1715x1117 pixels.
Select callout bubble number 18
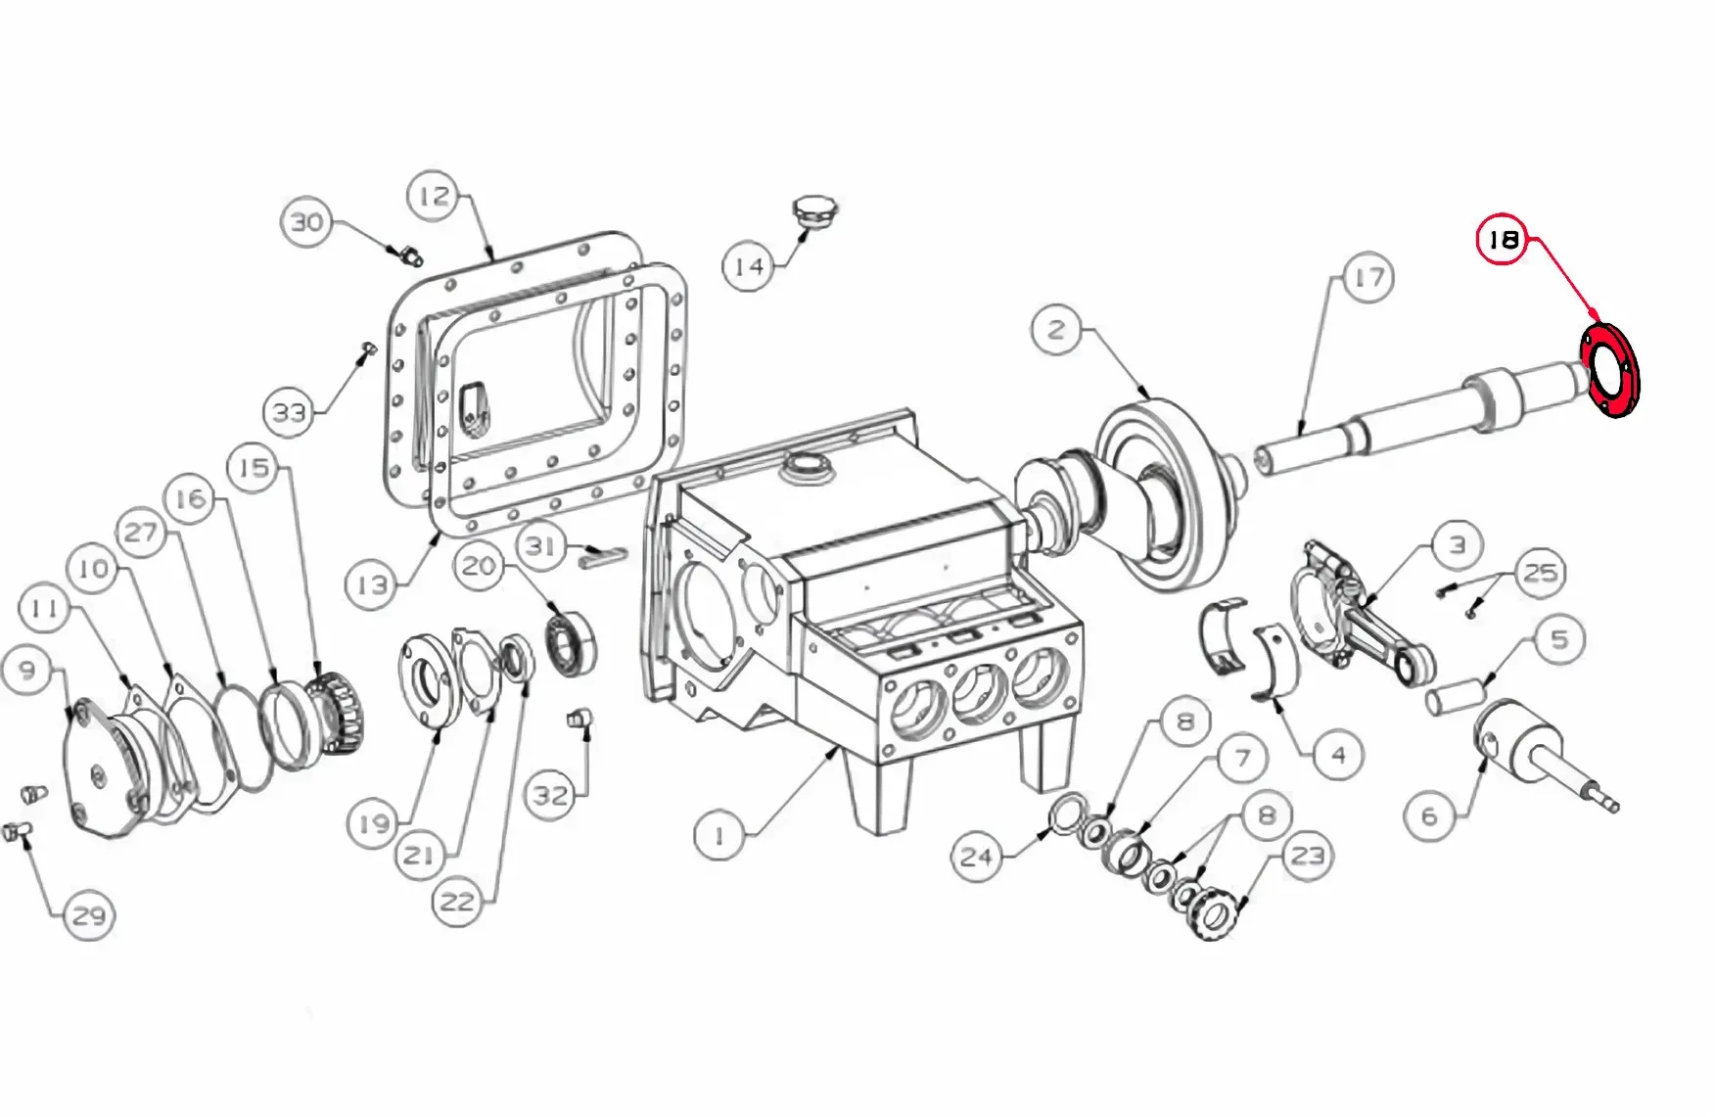[x=1503, y=240]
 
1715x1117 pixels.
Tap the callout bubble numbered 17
[x=1368, y=278]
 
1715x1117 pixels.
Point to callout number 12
[x=434, y=196]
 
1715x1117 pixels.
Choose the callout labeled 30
[x=306, y=222]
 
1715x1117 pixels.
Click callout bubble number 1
[x=719, y=835]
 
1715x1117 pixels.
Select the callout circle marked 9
[x=27, y=670]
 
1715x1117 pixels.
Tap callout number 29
[x=89, y=915]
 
